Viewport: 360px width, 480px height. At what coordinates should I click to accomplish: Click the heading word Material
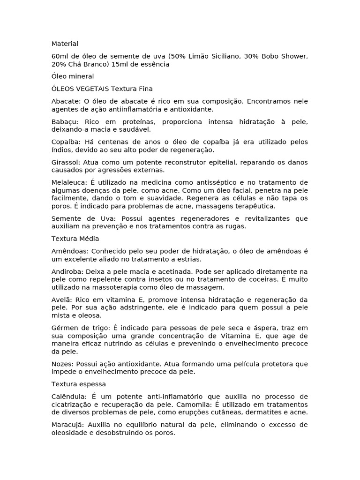point(65,44)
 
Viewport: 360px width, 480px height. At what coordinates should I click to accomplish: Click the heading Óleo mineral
point(73,76)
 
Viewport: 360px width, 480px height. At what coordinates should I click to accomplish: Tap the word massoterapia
point(119,287)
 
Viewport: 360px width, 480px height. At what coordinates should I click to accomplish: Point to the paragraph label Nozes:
point(62,364)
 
